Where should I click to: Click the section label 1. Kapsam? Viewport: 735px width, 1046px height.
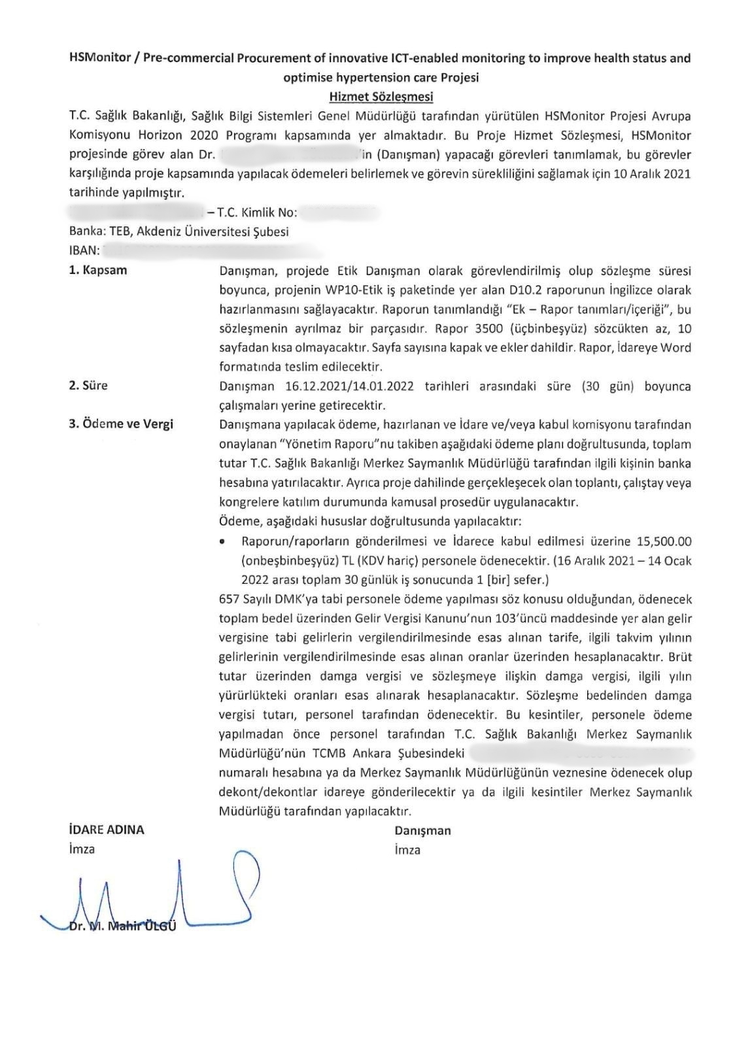point(98,270)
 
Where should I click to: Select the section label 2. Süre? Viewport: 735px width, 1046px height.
point(88,385)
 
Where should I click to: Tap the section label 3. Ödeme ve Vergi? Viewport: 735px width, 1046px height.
point(121,424)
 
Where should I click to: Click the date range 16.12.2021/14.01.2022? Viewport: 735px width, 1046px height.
point(350,386)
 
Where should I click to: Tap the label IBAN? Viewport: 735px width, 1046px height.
point(84,250)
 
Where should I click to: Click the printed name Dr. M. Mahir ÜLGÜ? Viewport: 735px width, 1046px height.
point(122,926)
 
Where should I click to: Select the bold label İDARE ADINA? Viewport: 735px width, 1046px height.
point(106,830)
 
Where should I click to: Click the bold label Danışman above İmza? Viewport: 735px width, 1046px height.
point(422,831)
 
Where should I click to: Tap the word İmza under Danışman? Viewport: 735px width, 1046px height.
point(407,850)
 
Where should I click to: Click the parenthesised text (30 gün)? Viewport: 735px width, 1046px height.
point(608,386)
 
